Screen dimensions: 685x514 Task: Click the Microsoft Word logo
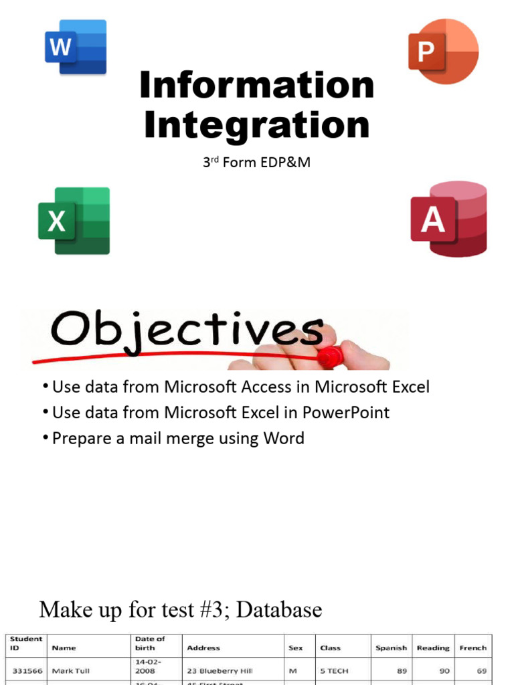click(76, 46)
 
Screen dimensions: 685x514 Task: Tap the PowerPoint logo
click(443, 51)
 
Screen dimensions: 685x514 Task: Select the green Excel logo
click(74, 221)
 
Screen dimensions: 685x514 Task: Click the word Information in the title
click(257, 86)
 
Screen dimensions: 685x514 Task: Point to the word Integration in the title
click(257, 125)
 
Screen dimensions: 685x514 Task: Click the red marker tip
click(329, 355)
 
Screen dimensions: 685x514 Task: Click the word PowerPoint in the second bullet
click(346, 412)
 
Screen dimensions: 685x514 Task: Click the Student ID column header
click(26, 644)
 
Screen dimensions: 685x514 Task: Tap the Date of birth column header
click(150, 644)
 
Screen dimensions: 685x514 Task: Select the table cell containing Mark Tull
click(70, 670)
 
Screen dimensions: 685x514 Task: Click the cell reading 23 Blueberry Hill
click(220, 670)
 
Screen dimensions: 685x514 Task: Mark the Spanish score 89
click(402, 670)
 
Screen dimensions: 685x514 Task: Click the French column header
click(473, 648)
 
